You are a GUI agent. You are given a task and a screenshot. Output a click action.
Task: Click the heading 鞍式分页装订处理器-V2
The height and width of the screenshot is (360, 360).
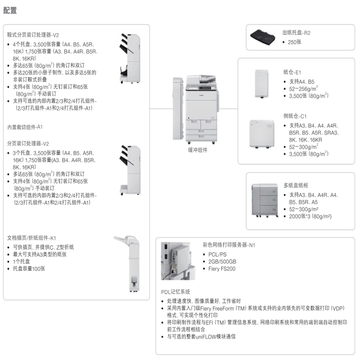tap(33, 35)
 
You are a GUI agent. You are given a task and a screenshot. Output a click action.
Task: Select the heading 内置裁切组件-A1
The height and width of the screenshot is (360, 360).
tap(25, 127)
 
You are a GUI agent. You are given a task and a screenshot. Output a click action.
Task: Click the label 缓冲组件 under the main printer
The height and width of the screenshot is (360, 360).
tap(198, 150)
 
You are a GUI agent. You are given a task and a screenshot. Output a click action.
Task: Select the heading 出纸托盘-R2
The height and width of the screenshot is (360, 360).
tap(296, 33)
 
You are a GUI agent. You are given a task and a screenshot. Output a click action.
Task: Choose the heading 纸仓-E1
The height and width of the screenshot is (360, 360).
tap(292, 72)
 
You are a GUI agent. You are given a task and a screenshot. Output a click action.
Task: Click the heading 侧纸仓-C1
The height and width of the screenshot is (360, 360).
tap(295, 116)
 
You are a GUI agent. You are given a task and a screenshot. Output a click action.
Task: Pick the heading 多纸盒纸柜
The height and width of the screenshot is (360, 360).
tap(296, 185)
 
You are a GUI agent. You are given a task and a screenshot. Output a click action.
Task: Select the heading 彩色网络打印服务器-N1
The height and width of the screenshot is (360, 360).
tap(229, 245)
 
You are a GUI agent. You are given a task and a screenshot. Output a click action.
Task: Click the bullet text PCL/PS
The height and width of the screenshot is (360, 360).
tap(218, 254)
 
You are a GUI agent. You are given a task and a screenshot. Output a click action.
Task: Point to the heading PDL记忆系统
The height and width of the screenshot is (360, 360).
tap(175, 292)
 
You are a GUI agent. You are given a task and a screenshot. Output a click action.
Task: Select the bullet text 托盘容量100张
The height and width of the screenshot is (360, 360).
tap(29, 269)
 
